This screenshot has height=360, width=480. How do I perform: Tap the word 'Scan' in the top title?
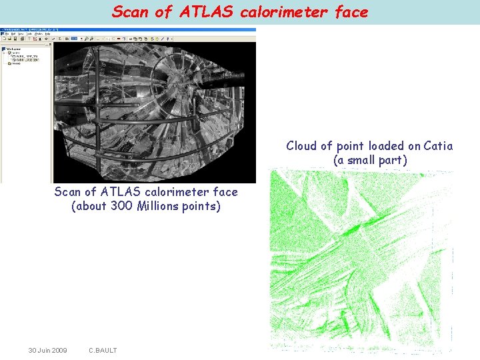(127, 11)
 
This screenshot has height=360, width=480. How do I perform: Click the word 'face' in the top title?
(351, 11)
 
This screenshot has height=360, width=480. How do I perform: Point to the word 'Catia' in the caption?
(437, 146)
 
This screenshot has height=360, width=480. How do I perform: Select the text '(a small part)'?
(370, 161)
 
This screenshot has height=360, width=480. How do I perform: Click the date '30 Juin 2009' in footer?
(47, 351)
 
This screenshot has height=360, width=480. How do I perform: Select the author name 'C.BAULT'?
(103, 351)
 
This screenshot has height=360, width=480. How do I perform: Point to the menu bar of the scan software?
(27, 34)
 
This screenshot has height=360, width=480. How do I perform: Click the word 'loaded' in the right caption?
(374, 146)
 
